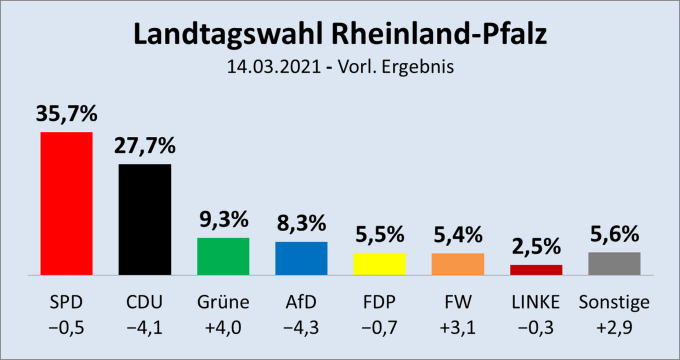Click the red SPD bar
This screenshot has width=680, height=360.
[66, 203]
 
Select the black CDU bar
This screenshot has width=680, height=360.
[144, 219]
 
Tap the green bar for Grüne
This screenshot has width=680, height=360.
[222, 256]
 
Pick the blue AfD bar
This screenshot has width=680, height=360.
[300, 258]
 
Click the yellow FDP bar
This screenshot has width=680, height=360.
[379, 264]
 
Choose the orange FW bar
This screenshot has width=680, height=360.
[457, 264]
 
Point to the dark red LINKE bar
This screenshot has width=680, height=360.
[535, 270]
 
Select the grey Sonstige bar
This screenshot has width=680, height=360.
[613, 263]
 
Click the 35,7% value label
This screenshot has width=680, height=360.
[66, 114]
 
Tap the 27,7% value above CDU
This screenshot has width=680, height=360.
[144, 146]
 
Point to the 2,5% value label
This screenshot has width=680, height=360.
[535, 247]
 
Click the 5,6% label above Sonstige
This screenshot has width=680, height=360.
[613, 234]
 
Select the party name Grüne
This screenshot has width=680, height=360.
[222, 301]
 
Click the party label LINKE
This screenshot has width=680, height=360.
[535, 301]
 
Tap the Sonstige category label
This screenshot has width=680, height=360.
[613, 301]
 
